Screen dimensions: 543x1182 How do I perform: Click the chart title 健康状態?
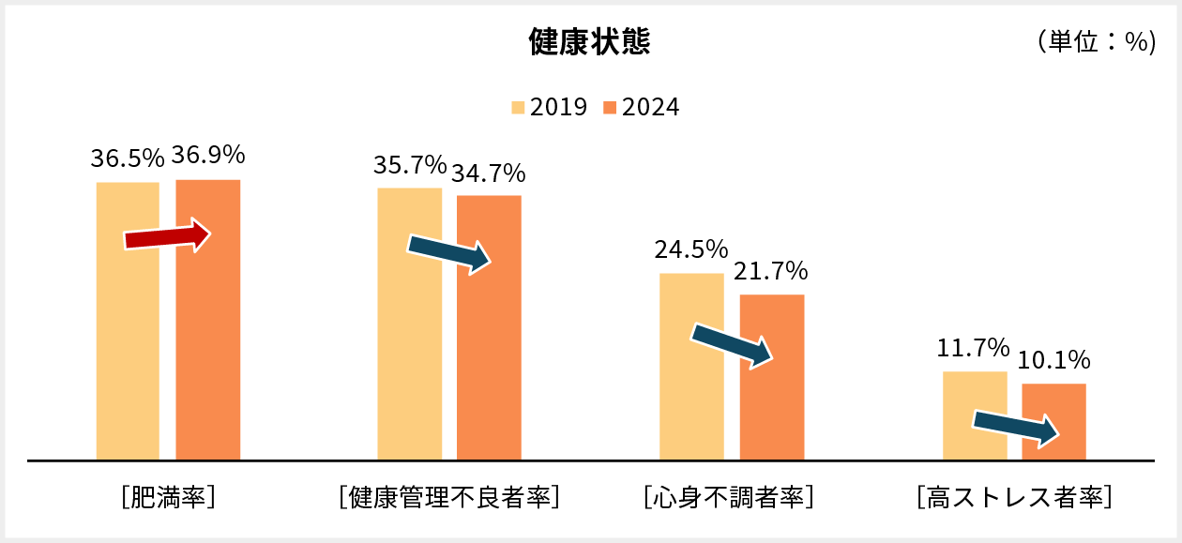click(x=589, y=42)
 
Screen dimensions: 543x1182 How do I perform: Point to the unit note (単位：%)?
click(x=1095, y=42)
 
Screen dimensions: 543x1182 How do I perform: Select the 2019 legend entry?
click(x=550, y=107)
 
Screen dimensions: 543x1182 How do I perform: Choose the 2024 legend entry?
click(x=641, y=107)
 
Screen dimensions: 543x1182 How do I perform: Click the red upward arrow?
click(x=168, y=236)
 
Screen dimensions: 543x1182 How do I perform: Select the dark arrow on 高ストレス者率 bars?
click(x=1016, y=428)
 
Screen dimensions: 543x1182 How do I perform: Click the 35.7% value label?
click(x=409, y=165)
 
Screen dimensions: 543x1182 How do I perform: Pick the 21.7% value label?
click(x=771, y=271)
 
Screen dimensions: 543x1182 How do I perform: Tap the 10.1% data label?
click(x=1053, y=360)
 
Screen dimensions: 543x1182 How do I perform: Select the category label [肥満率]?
click(x=169, y=495)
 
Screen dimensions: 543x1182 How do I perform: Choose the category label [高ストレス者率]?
click(x=1014, y=495)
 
